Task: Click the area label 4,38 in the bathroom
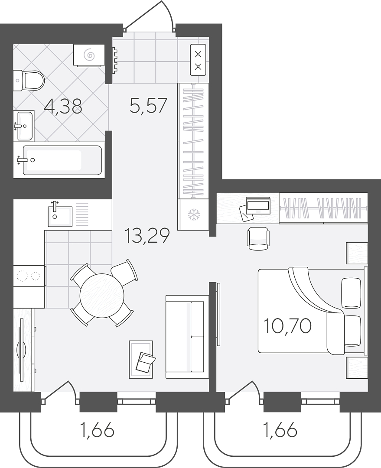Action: tap(63, 106)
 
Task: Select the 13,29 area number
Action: tap(147, 235)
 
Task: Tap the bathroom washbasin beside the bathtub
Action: tap(24, 126)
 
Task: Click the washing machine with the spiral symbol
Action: tap(89, 55)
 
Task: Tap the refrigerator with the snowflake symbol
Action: tap(193, 214)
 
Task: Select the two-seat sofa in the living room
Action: tap(187, 337)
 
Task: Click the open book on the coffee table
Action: tap(145, 362)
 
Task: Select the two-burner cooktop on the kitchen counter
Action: tap(29, 276)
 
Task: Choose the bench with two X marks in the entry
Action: tap(198, 60)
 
